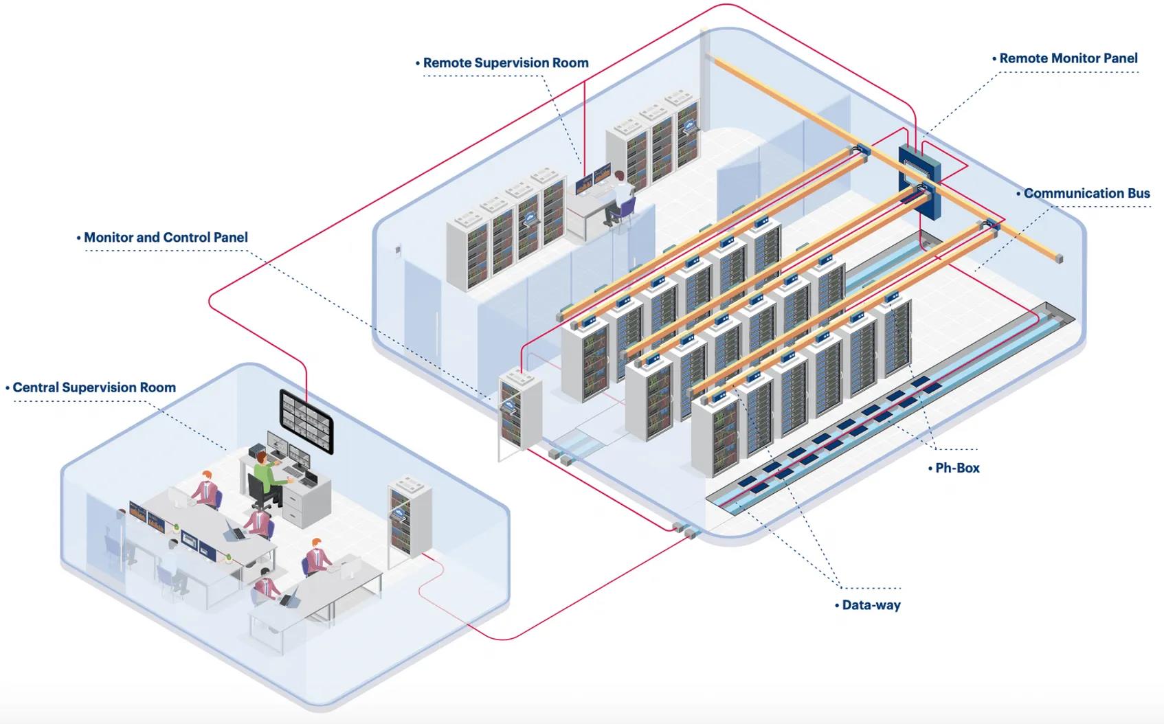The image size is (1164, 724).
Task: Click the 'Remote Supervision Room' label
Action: (x=506, y=63)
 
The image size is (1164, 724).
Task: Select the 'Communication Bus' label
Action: (x=1086, y=194)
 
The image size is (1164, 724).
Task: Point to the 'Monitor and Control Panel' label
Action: (x=166, y=238)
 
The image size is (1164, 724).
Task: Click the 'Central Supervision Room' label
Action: (x=94, y=387)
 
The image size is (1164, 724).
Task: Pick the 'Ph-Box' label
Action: (x=957, y=468)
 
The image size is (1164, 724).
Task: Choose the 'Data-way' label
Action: (x=871, y=605)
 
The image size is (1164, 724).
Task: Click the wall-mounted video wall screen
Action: (x=306, y=420)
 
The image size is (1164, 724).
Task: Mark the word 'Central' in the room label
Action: (x=35, y=387)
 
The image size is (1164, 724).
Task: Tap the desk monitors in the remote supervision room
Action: (x=593, y=178)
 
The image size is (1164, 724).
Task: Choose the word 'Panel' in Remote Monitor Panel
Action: (x=1119, y=59)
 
